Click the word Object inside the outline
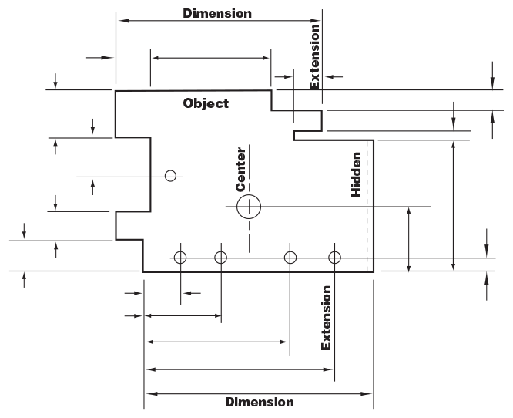tap(206, 103)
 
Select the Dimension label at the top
tap(217, 13)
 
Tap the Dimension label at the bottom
tap(259, 402)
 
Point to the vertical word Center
tap(241, 169)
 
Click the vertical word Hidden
tap(357, 179)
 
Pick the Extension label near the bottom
tap(327, 318)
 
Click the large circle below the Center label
tap(249, 207)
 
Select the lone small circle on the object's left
tap(171, 176)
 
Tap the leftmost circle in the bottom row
tap(180, 258)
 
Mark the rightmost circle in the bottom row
tap(334, 258)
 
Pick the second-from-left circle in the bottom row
tap(221, 258)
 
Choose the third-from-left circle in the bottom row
tap(290, 258)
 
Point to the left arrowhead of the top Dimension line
tap(120, 21)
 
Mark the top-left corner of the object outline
tap(116, 91)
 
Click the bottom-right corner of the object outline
tap(374, 271)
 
